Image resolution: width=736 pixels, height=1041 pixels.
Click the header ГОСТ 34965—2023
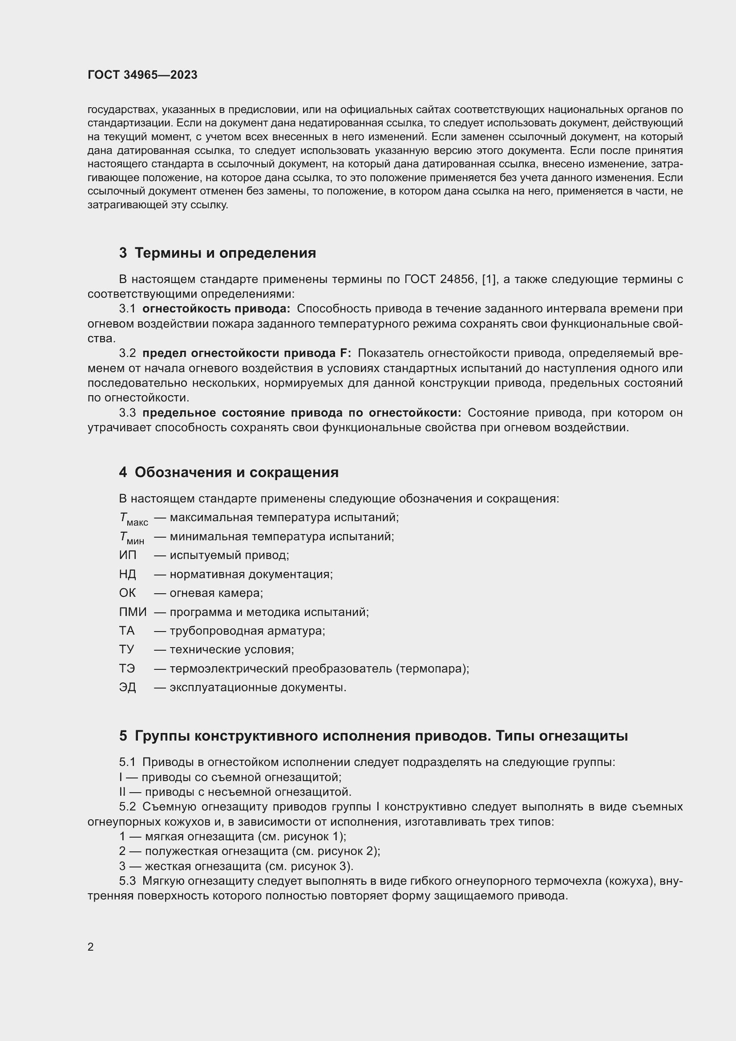(x=142, y=75)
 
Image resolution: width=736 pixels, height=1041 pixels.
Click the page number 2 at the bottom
(x=91, y=947)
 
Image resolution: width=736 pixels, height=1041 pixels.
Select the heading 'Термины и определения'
(x=225, y=253)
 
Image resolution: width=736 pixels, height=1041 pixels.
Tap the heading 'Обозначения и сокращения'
(x=237, y=473)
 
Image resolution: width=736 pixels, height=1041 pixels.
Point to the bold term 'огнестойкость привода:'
(x=216, y=309)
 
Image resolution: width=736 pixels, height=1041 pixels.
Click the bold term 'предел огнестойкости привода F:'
(x=247, y=353)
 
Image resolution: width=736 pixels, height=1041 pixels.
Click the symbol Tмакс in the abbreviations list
(x=133, y=518)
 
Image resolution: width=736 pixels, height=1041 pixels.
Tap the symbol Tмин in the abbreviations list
(x=131, y=537)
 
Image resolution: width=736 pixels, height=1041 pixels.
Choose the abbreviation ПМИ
(x=132, y=612)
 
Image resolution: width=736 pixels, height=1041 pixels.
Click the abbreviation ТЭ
(x=127, y=669)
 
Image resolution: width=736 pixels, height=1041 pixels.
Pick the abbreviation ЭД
(x=127, y=687)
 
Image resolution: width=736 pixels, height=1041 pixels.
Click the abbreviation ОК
(x=127, y=593)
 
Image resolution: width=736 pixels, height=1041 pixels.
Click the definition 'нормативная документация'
(x=251, y=575)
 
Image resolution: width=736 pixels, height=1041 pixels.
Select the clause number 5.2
(x=127, y=807)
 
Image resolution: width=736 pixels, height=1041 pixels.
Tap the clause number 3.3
(x=127, y=413)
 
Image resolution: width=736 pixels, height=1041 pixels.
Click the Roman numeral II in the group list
(x=122, y=792)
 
